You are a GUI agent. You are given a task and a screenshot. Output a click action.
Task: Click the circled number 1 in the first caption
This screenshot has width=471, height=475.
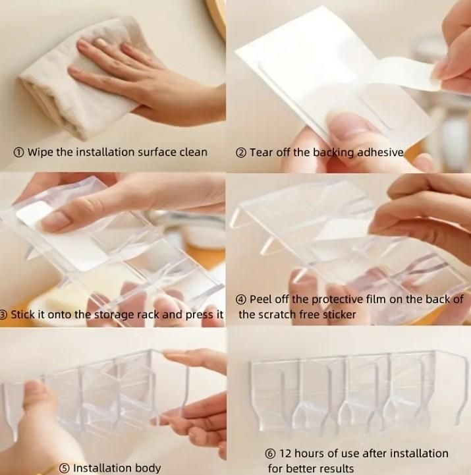[x=18, y=152]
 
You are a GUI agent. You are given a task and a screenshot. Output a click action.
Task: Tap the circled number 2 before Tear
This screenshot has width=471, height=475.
[x=241, y=153]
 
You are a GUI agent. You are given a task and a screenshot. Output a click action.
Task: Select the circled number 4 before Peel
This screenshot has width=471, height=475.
[x=241, y=300]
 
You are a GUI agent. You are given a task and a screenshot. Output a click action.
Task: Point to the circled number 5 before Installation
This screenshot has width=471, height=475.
[x=64, y=468]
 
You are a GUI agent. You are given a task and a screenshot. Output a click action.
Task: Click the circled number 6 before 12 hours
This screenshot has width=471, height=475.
[x=271, y=454]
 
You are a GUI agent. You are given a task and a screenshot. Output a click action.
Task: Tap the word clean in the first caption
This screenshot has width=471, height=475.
[x=194, y=152]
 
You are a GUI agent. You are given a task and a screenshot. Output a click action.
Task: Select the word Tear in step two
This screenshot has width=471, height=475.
[x=262, y=152]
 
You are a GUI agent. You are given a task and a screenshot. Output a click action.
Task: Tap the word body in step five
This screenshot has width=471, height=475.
[x=148, y=468]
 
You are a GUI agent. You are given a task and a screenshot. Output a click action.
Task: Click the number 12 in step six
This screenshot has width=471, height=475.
[x=285, y=453]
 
